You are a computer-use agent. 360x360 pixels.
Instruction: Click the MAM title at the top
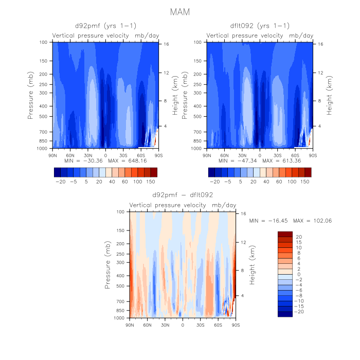[x=179, y=12]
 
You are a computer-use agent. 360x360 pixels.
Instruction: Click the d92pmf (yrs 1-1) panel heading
[x=105, y=26]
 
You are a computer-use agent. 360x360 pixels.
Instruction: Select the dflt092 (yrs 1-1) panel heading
[x=260, y=26]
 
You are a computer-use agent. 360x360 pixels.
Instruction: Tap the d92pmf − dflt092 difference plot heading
[x=182, y=195]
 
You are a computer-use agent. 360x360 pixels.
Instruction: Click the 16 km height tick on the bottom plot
[x=243, y=214]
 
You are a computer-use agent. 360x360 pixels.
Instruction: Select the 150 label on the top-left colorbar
[x=150, y=182]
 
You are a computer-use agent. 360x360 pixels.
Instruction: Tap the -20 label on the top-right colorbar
[x=215, y=182]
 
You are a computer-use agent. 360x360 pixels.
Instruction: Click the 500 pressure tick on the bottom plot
[x=120, y=286]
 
